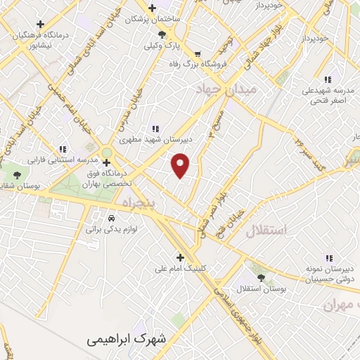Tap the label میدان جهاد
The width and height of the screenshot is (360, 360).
(229, 90)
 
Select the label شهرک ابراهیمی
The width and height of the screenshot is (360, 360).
(128, 339)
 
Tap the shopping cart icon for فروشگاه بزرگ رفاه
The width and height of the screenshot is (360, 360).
(198, 53)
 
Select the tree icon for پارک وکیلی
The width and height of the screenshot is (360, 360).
(162, 34)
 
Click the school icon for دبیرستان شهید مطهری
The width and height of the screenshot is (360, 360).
(155, 129)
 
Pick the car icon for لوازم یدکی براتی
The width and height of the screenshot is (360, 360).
(111, 217)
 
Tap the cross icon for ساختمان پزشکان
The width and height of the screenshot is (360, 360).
(150, 8)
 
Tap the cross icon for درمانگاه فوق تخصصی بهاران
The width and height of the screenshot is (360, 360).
(106, 162)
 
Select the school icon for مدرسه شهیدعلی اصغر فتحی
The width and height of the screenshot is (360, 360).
(328, 79)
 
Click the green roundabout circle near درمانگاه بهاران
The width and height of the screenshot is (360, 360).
(106, 152)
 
